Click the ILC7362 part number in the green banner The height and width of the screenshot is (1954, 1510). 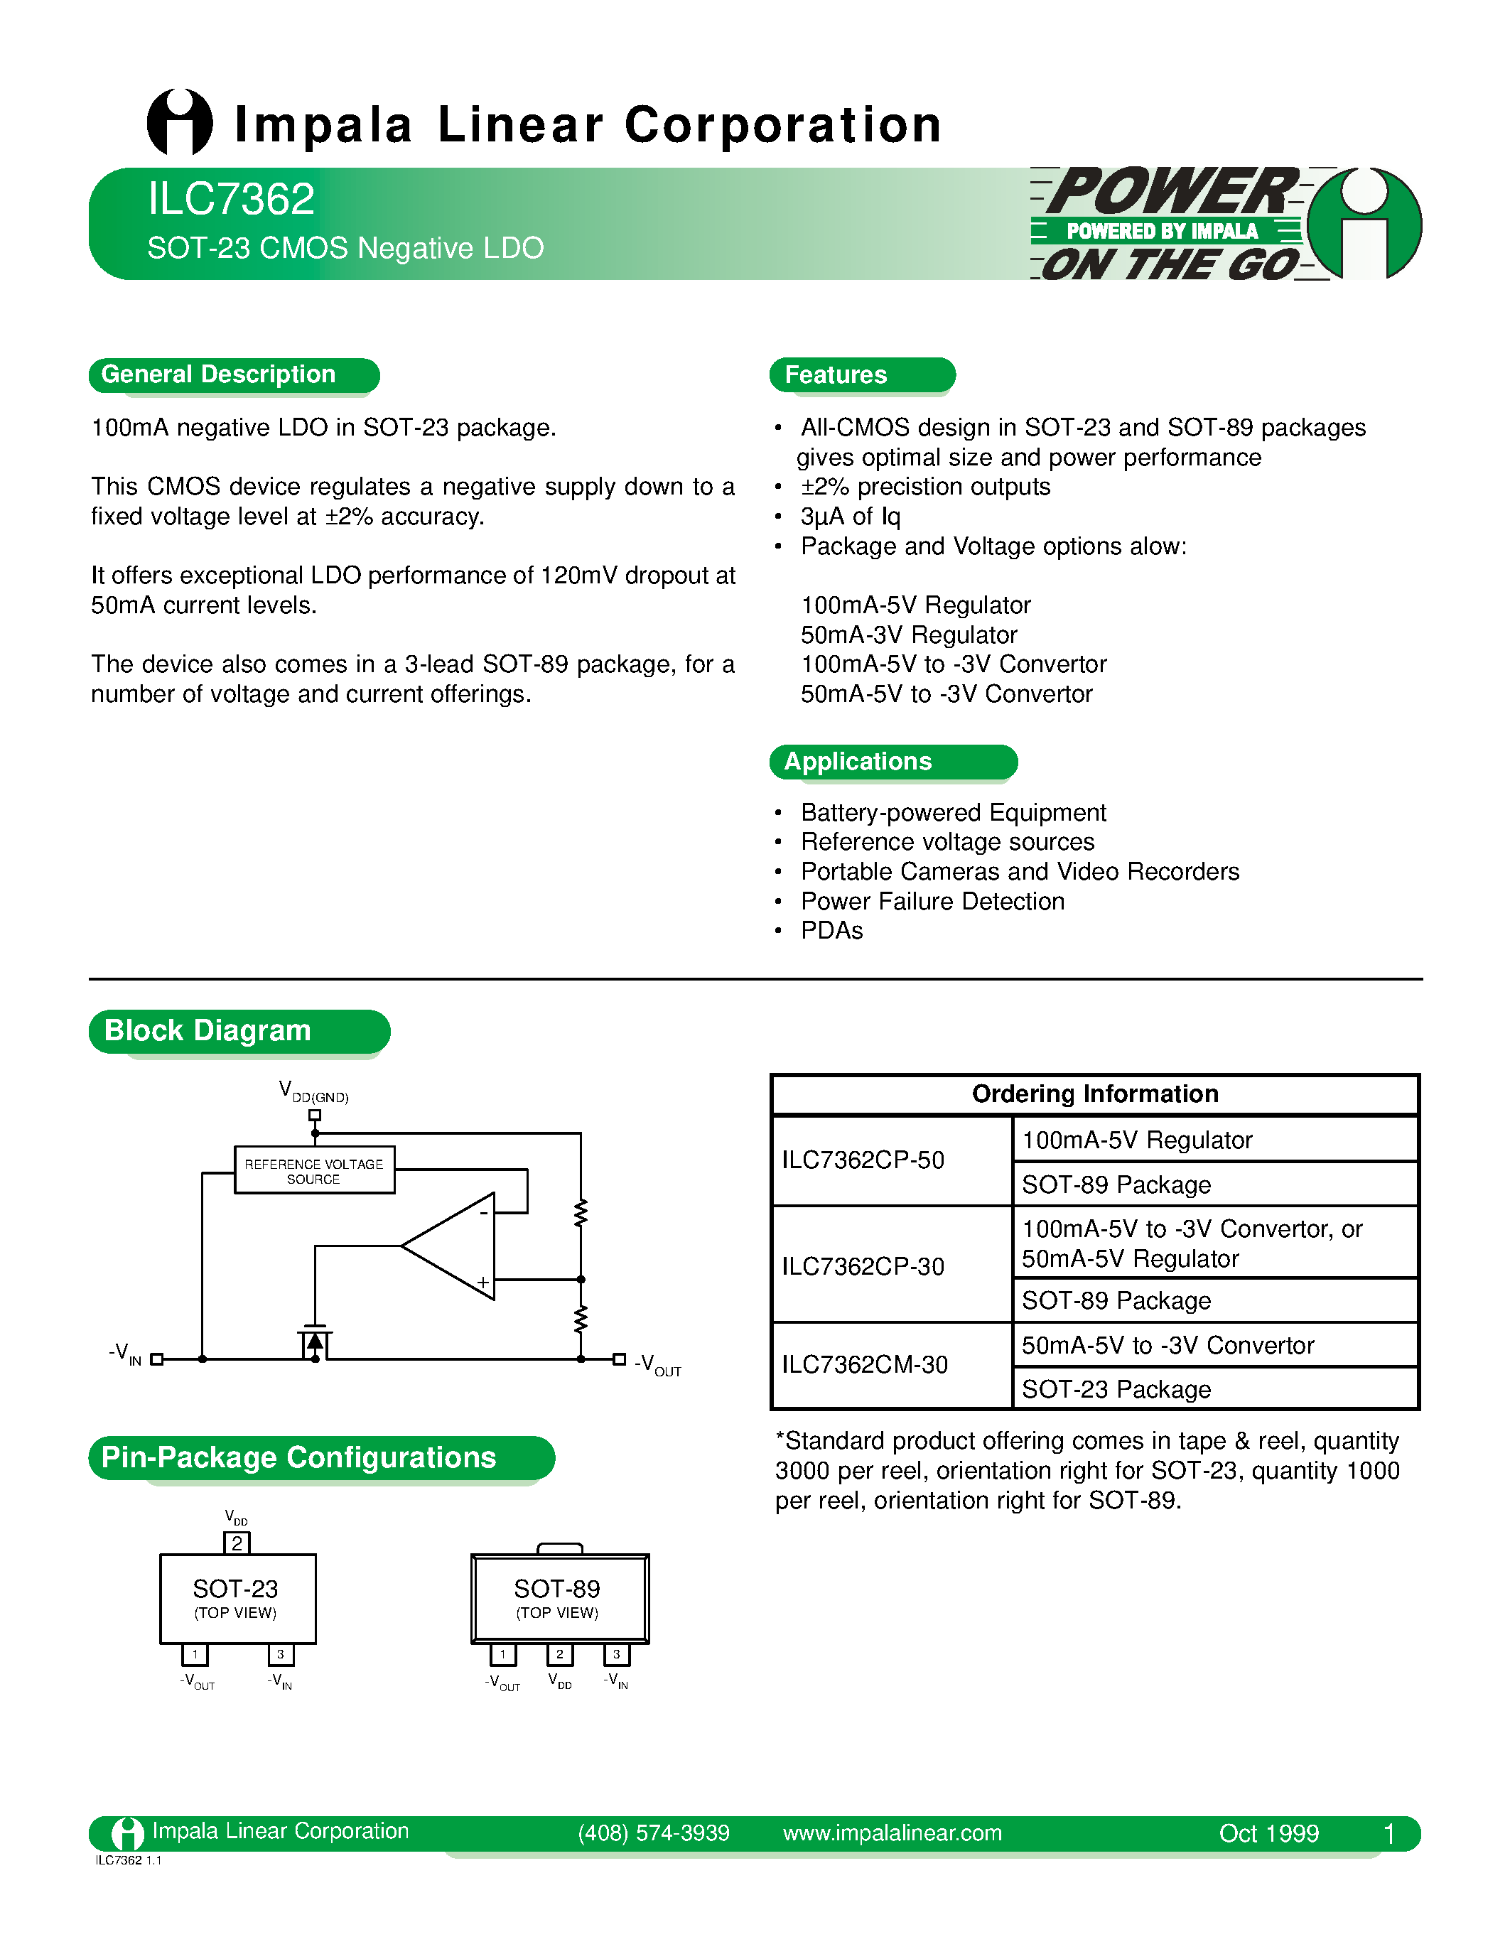coord(231,199)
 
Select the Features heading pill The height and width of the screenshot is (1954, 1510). coord(836,375)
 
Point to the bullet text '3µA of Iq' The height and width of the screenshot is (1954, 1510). coord(850,517)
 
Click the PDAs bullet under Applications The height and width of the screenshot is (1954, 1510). coord(831,931)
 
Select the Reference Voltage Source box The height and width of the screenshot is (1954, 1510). coord(314,1170)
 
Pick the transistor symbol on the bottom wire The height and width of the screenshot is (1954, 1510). coord(315,1343)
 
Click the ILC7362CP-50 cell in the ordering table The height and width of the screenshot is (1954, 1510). coord(863,1160)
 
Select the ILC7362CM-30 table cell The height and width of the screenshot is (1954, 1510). coord(864,1364)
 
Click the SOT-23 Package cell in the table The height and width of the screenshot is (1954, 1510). coord(1116,1389)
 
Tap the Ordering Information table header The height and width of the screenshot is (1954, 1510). coord(1095,1094)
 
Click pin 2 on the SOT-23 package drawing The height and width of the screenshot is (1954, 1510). coord(237,1543)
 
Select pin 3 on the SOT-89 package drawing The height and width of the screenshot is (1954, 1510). coord(616,1654)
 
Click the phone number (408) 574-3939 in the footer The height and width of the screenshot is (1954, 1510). coord(653,1833)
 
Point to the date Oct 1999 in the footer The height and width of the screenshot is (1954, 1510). coord(1268,1833)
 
